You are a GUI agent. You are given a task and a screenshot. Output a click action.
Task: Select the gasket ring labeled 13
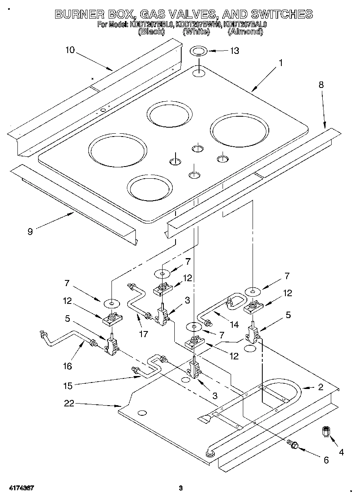tap(199, 51)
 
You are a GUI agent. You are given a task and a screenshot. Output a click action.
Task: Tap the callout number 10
tap(70, 50)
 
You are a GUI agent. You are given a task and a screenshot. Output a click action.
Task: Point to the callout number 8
tap(321, 85)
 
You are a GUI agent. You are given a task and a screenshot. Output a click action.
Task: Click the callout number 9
tap(30, 231)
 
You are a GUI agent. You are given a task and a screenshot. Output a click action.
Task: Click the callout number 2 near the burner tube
tap(320, 387)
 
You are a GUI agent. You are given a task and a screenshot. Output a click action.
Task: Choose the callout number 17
tap(142, 335)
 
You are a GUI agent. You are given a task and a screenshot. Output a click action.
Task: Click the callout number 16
tap(67, 366)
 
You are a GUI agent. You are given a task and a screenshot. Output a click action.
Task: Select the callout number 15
tap(68, 386)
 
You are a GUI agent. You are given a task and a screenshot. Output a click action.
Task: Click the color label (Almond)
tap(245, 31)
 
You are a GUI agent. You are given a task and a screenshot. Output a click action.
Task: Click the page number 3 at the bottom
tap(181, 488)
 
